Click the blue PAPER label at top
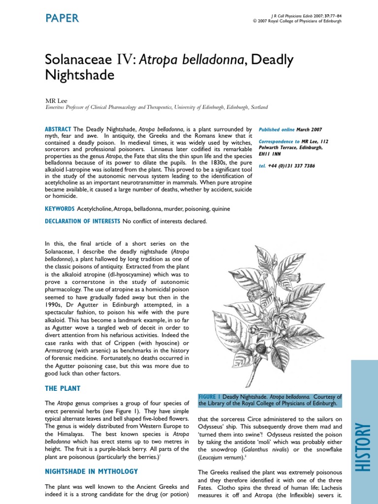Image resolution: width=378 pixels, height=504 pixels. [x=62, y=18]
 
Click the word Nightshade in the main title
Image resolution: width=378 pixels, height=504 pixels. [x=79, y=75]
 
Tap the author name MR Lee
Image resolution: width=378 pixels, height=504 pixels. [x=55, y=100]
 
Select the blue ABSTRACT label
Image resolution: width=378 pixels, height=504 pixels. [x=58, y=129]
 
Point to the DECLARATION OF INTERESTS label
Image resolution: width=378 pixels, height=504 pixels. [x=82, y=221]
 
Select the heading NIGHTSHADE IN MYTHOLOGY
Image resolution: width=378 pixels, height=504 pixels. [x=91, y=472]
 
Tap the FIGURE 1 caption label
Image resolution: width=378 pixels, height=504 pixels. [x=209, y=397]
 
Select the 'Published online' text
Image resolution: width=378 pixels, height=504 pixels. [x=276, y=129]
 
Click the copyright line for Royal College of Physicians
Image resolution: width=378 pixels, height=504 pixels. [x=297, y=21]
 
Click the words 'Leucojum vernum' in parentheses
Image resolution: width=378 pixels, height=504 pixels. [x=220, y=458]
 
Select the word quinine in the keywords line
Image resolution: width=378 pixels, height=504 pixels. [x=220, y=209]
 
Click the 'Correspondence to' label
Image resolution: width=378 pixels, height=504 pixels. [x=279, y=141]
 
